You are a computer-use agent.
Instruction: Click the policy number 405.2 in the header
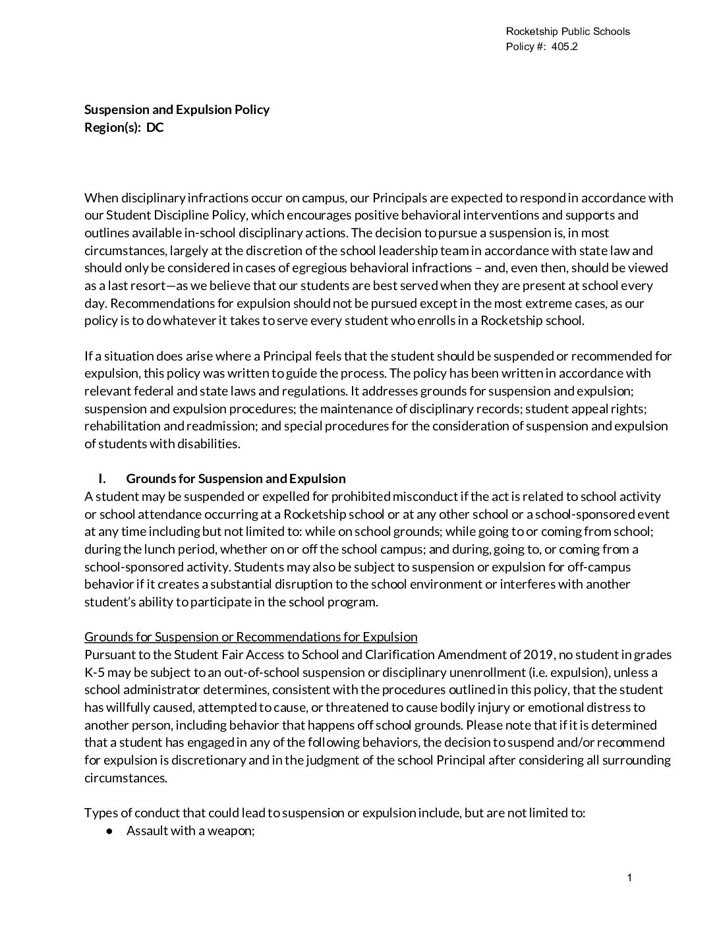[x=565, y=47]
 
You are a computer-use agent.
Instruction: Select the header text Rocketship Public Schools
[x=567, y=32]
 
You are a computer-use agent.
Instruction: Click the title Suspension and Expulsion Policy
[x=177, y=109]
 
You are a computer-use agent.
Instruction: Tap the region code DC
[x=155, y=127]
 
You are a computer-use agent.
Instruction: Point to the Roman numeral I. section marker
[x=102, y=478]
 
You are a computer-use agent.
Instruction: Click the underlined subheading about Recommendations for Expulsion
[x=250, y=637]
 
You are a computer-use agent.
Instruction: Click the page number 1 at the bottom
[x=629, y=878]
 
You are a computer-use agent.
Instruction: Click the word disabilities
[x=208, y=444]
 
